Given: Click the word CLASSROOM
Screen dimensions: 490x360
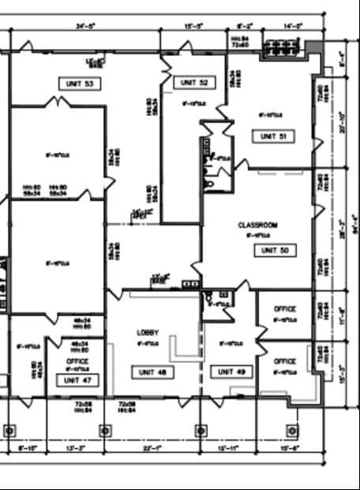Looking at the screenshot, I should click(x=257, y=225).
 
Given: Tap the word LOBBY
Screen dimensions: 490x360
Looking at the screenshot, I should click(x=148, y=332).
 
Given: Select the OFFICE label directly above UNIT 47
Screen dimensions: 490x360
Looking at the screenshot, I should click(x=78, y=361).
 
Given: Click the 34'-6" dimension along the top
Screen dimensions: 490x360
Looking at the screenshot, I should click(x=86, y=25).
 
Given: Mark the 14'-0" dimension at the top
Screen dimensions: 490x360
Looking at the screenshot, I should click(x=293, y=25).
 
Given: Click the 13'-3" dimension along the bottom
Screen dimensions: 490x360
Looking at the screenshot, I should click(x=74, y=448).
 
